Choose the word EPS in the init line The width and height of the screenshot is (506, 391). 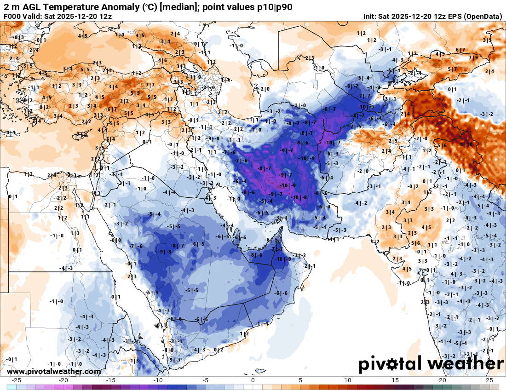click(x=453, y=17)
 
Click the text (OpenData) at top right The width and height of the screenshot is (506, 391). click(x=483, y=17)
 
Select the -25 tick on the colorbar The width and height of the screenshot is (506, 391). click(x=17, y=380)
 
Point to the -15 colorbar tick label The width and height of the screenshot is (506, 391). click(x=111, y=380)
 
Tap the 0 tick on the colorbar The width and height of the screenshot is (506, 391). click(x=253, y=380)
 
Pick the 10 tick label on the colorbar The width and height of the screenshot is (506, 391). click(x=348, y=380)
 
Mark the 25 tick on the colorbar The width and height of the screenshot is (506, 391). click(x=489, y=380)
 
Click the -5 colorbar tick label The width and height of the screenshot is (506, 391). click(x=206, y=380)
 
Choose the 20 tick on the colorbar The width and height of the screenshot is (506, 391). click(x=442, y=380)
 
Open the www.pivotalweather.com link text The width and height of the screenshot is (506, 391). click(x=54, y=371)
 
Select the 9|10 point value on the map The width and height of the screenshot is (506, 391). click(x=466, y=144)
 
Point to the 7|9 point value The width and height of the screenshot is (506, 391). click(x=473, y=58)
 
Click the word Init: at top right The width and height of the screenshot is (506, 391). click(x=370, y=17)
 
